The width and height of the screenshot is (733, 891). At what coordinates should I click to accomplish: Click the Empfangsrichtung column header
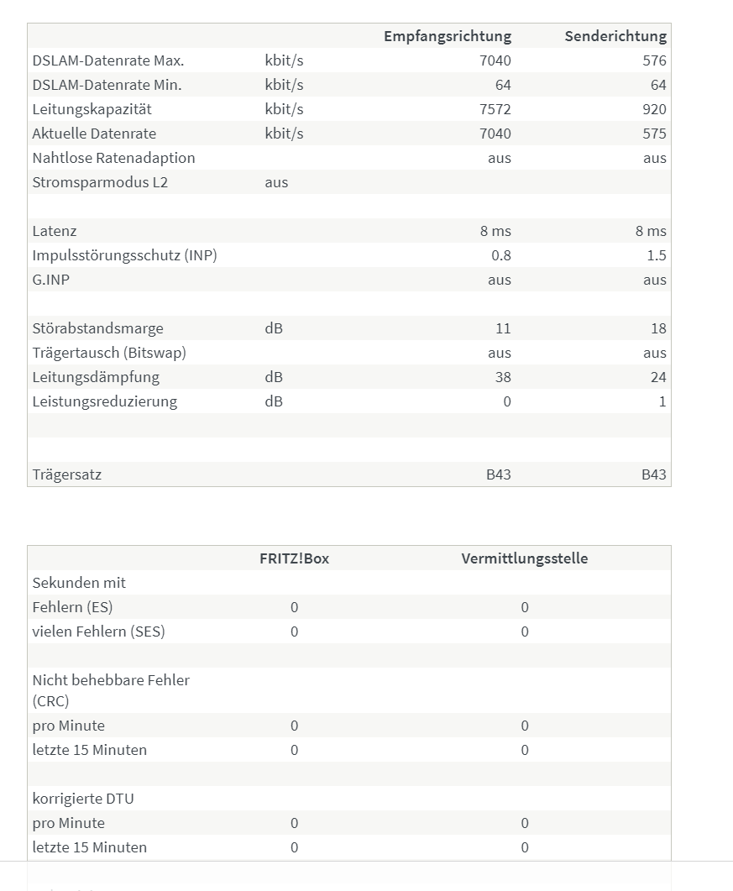[x=447, y=36]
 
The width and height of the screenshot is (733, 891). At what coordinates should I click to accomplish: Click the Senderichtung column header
[x=615, y=36]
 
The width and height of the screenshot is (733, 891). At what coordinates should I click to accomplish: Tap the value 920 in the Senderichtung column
[x=654, y=109]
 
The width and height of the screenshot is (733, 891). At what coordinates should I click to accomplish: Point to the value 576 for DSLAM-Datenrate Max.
[x=654, y=60]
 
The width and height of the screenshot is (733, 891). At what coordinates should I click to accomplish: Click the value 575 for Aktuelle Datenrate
[x=654, y=134]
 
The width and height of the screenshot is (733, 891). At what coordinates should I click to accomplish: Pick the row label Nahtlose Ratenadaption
[x=113, y=158]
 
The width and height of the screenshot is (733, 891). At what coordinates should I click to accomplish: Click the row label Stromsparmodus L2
[x=100, y=182]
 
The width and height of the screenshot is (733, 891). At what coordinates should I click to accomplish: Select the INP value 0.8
[x=500, y=255]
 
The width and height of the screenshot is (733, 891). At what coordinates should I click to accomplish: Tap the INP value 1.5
[x=657, y=255]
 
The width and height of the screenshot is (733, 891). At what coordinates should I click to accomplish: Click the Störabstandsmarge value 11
[x=503, y=328]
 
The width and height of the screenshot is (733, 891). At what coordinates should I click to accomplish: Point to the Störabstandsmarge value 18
[x=658, y=328]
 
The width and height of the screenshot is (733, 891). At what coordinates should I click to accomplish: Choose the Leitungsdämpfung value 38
[x=502, y=377]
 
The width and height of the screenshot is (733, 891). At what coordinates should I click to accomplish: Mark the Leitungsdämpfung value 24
[x=658, y=377]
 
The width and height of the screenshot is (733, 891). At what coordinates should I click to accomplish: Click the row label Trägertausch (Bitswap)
[x=109, y=353]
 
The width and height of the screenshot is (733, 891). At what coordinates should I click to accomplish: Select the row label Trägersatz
[x=67, y=474]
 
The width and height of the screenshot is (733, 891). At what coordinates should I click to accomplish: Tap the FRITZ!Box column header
[x=294, y=558]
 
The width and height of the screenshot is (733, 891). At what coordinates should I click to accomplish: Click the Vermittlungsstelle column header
[x=524, y=558]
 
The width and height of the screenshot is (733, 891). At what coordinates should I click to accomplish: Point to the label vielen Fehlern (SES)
[x=98, y=632]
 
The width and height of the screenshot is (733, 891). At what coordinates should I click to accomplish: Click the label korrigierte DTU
[x=83, y=799]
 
